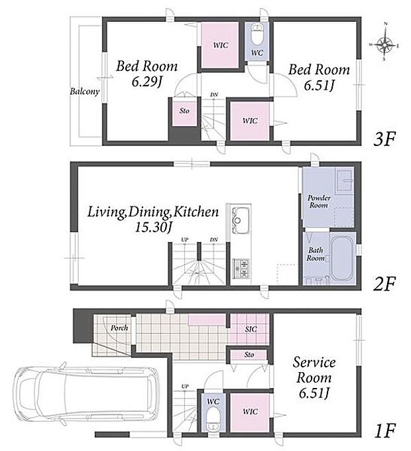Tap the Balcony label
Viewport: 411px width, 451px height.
(84, 92)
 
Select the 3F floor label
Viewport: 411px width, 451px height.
(384, 139)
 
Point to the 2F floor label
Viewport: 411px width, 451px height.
(384, 283)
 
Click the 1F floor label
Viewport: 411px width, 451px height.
(385, 430)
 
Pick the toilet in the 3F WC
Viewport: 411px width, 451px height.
(257, 33)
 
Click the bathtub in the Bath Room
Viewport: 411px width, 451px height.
(341, 258)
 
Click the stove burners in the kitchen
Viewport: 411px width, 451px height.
(241, 269)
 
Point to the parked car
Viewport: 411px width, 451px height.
(87, 393)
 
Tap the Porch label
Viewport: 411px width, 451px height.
(119, 328)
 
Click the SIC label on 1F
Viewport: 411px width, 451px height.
(251, 329)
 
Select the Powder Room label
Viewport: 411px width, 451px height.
(319, 202)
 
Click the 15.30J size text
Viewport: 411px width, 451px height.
(153, 227)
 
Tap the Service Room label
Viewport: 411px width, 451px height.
(314, 369)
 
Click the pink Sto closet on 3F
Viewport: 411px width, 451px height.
(184, 111)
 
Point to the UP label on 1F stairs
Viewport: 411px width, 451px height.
(185, 387)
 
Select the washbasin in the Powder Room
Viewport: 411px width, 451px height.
(344, 180)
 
